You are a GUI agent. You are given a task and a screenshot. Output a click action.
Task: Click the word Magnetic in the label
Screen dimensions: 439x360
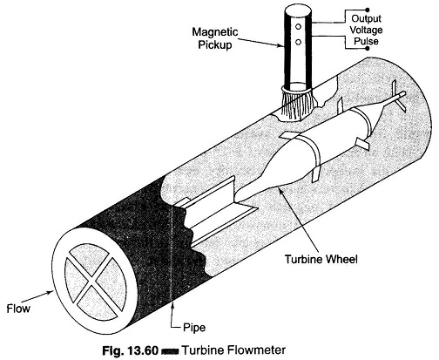[x=215, y=32]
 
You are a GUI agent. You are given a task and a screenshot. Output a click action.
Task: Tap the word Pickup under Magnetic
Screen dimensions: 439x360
[x=215, y=45]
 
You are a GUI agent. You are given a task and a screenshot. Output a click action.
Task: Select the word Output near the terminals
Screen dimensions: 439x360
[x=366, y=18]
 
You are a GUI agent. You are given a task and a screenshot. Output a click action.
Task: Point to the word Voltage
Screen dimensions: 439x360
[x=366, y=30]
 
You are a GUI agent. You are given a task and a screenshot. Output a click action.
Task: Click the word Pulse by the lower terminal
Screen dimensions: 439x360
[x=366, y=41]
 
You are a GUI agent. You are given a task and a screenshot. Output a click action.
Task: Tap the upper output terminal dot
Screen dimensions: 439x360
[x=368, y=10]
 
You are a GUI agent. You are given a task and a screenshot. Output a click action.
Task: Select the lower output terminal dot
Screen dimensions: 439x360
[x=368, y=48]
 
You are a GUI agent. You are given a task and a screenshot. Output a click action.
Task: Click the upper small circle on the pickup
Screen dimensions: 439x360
[x=298, y=27]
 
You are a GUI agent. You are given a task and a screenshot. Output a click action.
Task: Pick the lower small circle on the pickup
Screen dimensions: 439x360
[x=298, y=42]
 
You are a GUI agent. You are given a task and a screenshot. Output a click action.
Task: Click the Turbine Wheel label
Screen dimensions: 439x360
[x=321, y=259]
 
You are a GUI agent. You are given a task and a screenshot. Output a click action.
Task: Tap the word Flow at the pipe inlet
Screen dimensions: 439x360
[x=18, y=309]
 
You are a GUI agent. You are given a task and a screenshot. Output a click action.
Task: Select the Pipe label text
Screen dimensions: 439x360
[x=194, y=328]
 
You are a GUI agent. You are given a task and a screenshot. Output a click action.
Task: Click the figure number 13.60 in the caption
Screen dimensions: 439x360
[x=143, y=350]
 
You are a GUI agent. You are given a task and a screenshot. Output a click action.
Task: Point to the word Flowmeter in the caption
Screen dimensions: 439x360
[x=257, y=350]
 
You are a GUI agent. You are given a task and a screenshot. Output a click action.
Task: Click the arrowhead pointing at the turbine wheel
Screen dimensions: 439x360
[x=280, y=190]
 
